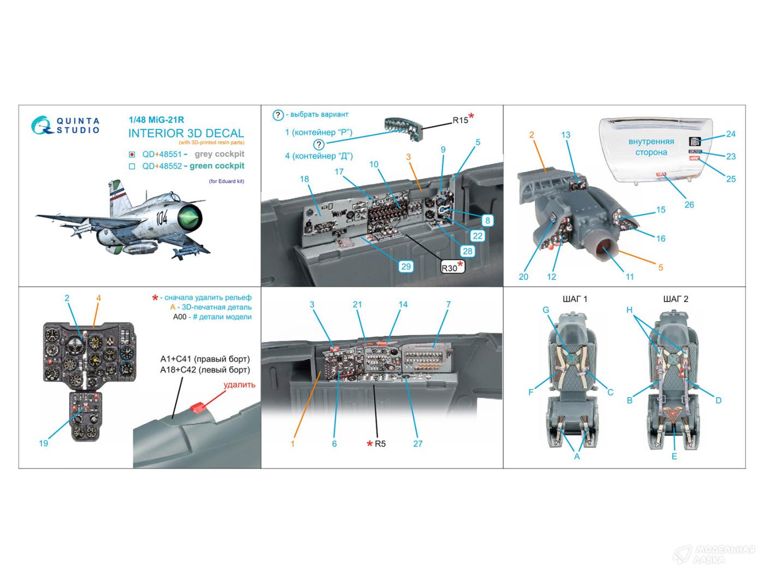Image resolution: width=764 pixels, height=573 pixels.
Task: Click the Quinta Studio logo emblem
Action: tap(40, 125)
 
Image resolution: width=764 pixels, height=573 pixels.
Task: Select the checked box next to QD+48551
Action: tap(132, 154)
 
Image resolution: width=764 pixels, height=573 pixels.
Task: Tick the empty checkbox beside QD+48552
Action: tap(132, 166)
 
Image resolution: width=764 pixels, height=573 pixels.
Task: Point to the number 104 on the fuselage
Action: tap(162, 220)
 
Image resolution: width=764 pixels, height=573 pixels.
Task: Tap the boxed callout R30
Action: tap(449, 267)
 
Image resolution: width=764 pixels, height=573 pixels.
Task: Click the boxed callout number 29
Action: tap(405, 266)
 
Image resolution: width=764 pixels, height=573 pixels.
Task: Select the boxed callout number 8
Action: tap(487, 220)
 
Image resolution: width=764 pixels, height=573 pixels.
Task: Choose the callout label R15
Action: tap(460, 120)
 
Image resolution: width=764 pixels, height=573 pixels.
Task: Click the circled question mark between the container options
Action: tap(319, 144)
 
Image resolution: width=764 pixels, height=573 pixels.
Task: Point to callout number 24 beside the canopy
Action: tap(731, 134)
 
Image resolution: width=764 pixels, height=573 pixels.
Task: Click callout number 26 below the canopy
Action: tap(689, 205)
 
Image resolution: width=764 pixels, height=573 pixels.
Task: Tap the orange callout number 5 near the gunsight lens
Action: tap(660, 267)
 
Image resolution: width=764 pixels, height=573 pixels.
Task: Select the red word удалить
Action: tap(239, 385)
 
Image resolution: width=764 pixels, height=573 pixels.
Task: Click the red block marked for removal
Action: tap(199, 408)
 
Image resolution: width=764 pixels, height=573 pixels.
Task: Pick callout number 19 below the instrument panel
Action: tap(44, 443)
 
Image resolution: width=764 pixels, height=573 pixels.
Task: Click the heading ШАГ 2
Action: tap(676, 299)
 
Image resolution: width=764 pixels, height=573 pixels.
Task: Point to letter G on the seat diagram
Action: tap(545, 310)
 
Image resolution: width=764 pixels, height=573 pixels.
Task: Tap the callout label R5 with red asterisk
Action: tap(380, 444)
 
